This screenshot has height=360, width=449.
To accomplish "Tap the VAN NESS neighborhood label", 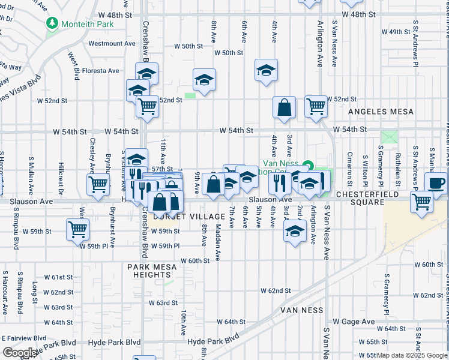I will (x=301, y=310).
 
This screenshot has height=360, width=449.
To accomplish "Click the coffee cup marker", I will (x=436, y=182).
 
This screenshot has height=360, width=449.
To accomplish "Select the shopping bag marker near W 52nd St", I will (x=285, y=107).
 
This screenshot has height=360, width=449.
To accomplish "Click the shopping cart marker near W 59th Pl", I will (x=78, y=229).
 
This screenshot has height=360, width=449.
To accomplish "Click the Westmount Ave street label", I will (x=112, y=43).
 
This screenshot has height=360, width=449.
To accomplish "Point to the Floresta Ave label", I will (x=106, y=71).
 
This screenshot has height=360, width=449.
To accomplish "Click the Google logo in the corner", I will (x=19, y=353).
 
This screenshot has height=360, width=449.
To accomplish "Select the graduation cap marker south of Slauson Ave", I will (x=295, y=233).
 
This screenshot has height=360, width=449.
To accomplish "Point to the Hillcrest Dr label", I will (x=61, y=175).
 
